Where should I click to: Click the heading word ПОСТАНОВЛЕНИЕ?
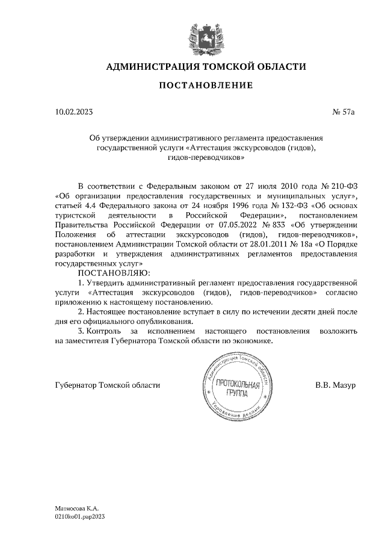[x=206, y=86]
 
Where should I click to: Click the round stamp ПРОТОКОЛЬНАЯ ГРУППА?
[x=234, y=389]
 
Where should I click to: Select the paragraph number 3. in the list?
[x=82, y=331]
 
